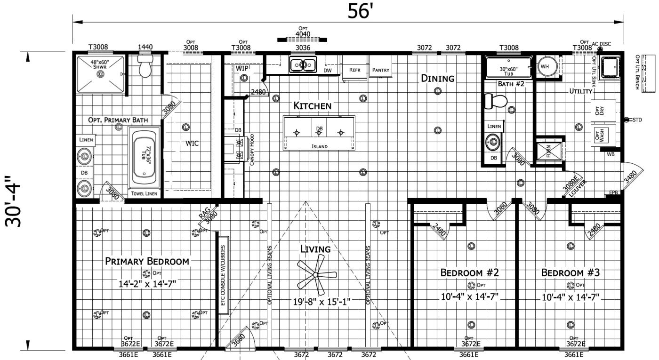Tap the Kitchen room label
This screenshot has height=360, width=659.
click(313, 105)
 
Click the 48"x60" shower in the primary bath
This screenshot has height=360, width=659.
click(100, 73)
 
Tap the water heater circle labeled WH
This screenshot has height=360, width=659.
click(546, 66)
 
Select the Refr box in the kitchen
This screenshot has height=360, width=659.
click(354, 70)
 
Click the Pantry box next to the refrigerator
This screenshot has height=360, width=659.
click(381, 70)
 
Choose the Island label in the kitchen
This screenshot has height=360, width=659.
click(319, 146)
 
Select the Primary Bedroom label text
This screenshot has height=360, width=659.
click(147, 262)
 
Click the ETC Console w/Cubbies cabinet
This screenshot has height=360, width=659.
click(223, 275)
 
